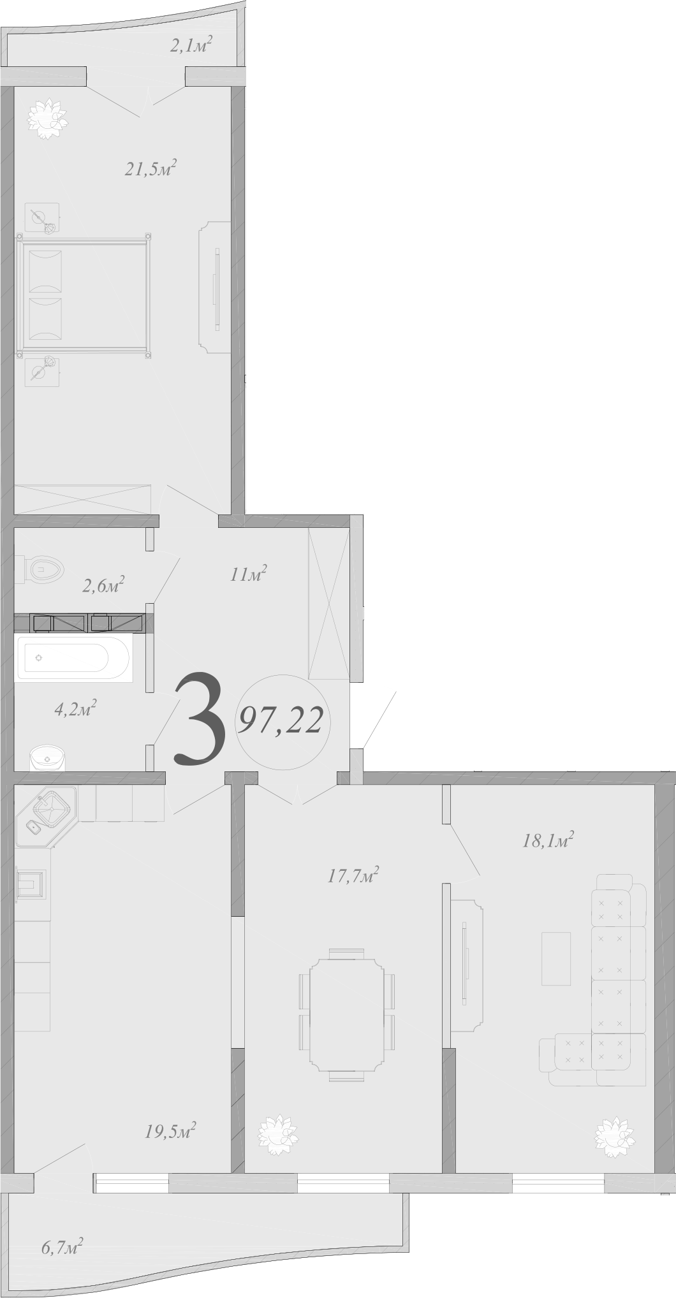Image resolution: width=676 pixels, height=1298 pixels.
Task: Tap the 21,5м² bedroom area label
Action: [x=150, y=170]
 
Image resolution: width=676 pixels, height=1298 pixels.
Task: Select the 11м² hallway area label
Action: [x=248, y=574]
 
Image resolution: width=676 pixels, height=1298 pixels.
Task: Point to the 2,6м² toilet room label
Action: [x=103, y=585]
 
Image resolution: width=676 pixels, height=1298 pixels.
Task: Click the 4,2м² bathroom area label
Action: [x=75, y=708]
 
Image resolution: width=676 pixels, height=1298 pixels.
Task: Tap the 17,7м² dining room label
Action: [x=353, y=875]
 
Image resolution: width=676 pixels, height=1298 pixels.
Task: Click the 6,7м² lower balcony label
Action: [x=62, y=1246]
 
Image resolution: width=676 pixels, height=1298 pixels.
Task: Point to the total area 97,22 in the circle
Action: [x=281, y=721]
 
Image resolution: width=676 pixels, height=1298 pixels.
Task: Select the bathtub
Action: [x=73, y=657]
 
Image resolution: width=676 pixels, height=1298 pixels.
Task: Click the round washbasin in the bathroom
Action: [x=48, y=759]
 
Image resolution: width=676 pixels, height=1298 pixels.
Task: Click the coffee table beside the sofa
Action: [x=556, y=958]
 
